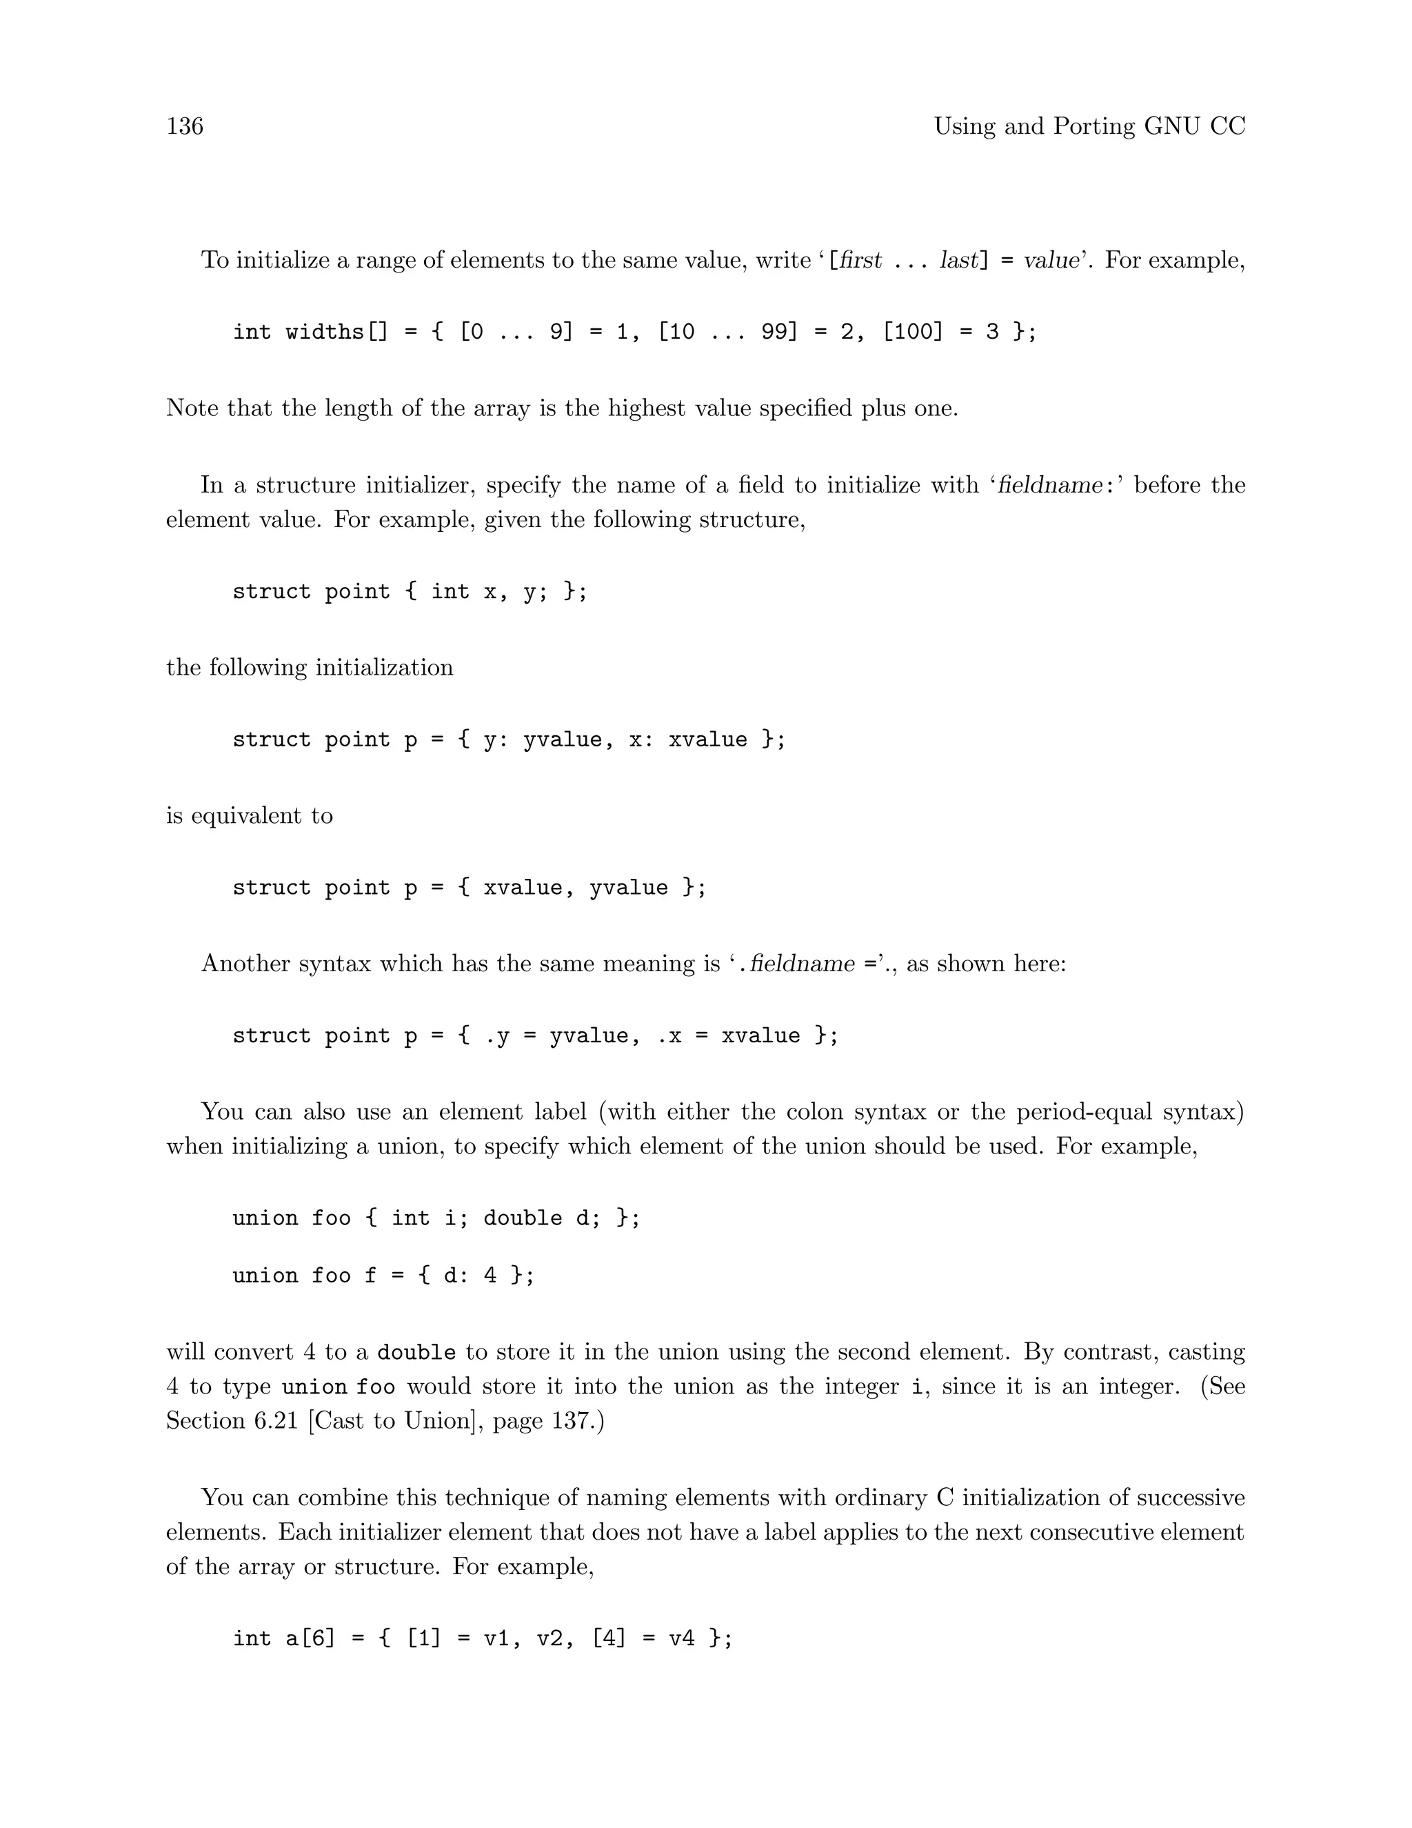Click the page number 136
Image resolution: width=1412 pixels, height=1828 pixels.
pyautogui.click(x=185, y=126)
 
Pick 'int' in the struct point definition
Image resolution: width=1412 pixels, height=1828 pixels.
pyautogui.click(x=450, y=592)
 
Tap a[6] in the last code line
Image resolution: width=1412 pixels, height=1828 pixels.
pyautogui.click(x=310, y=1638)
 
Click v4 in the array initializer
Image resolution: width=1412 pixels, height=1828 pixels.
pyautogui.click(x=682, y=1638)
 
